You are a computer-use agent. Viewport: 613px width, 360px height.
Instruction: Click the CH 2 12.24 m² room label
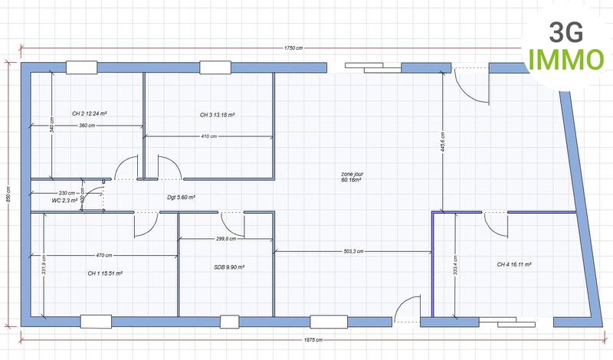coord(89,113)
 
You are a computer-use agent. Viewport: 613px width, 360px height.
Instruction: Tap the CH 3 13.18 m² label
coord(217,115)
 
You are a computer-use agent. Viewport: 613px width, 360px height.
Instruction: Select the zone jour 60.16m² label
coord(352,177)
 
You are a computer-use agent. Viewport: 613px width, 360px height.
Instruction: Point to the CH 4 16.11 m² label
coord(514,264)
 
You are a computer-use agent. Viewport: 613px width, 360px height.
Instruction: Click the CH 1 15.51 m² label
coord(106,273)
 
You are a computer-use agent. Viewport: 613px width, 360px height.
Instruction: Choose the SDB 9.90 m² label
coord(229,268)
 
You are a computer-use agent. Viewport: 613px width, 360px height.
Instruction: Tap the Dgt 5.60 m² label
coord(182,197)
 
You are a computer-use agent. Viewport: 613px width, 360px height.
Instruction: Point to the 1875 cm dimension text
coord(313,339)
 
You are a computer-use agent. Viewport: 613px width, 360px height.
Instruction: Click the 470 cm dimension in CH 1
coord(103,255)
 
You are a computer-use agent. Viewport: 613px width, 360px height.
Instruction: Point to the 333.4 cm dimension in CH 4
coord(456,264)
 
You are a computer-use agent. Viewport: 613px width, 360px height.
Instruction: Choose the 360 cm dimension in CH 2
coord(87,125)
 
